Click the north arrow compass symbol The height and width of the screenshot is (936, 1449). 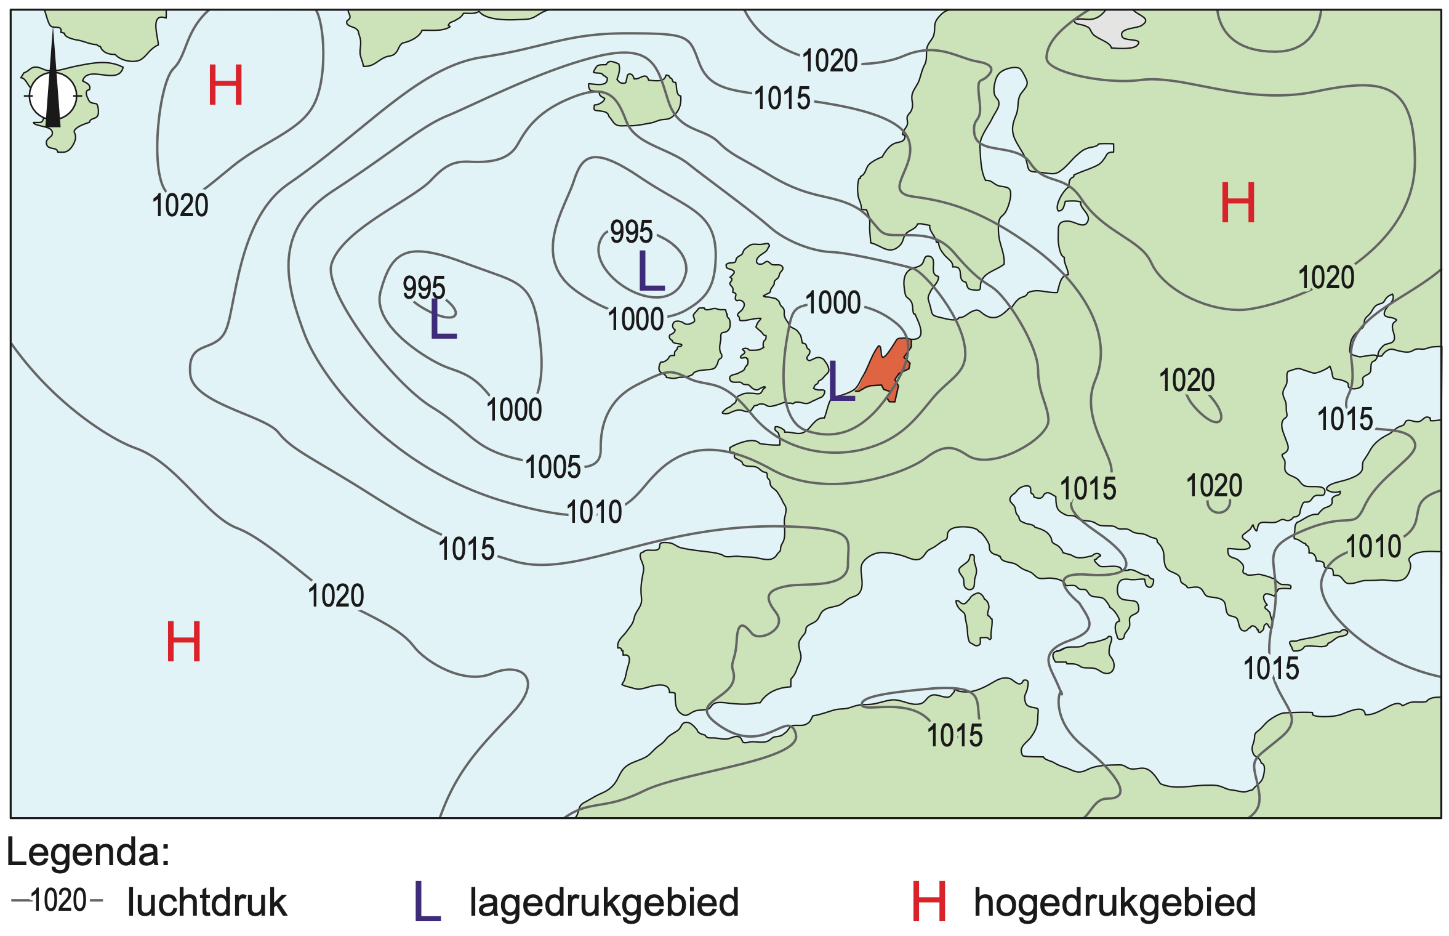coord(53,92)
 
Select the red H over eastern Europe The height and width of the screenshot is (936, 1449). coord(1237,203)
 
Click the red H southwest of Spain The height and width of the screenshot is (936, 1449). coord(183,642)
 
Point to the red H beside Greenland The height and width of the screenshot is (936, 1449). coord(225,86)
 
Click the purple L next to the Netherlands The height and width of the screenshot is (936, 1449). coord(841,381)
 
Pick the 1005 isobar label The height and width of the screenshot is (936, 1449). coord(553,467)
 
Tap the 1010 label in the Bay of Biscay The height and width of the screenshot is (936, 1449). coord(594,512)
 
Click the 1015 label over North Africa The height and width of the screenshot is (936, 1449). coord(955,735)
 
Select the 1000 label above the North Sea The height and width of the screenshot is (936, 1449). coord(833,303)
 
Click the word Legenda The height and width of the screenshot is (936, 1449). coord(88,853)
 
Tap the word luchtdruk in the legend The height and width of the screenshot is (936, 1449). coord(207,903)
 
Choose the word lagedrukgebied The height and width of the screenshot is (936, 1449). coord(604,903)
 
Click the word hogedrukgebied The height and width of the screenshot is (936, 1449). coord(1115,903)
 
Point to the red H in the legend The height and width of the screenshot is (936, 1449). coord(929,902)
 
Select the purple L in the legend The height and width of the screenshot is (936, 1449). coord(427,902)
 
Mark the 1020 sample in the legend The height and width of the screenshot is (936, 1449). coord(58,901)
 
